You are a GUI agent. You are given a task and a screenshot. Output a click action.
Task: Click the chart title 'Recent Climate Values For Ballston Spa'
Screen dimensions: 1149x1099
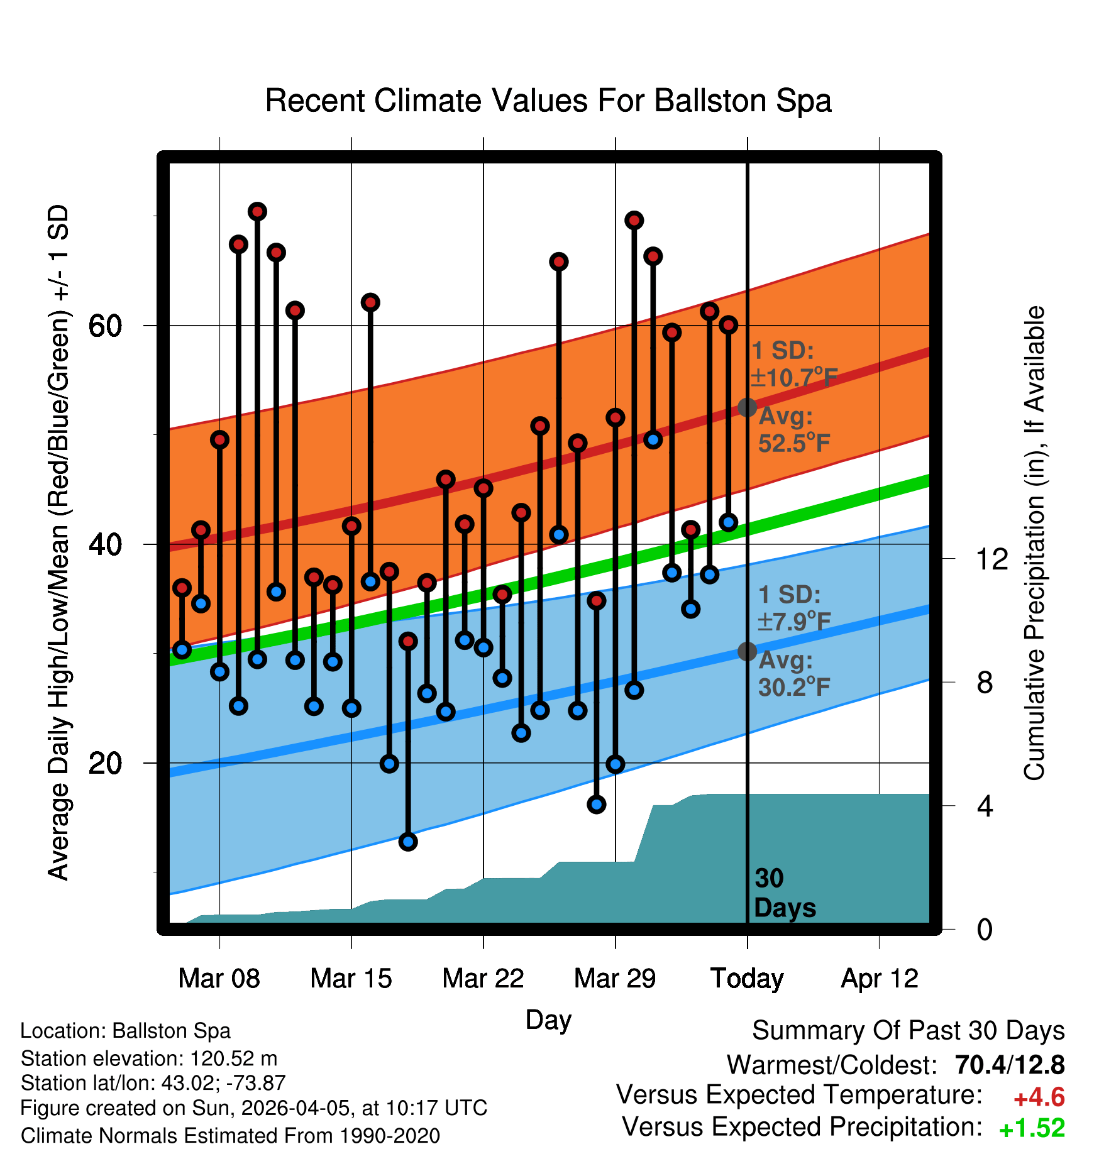click(x=548, y=101)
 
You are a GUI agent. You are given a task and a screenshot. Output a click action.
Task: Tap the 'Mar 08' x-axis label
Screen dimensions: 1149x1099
click(x=219, y=979)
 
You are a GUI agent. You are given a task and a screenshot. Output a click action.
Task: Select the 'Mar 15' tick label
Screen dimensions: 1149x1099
click(x=351, y=979)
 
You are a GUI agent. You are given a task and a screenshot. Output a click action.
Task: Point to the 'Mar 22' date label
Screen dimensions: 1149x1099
click(x=483, y=979)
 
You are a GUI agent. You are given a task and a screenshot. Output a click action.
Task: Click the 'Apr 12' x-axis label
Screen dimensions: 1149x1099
click(x=879, y=979)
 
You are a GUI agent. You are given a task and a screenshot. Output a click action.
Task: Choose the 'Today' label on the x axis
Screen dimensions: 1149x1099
click(x=747, y=979)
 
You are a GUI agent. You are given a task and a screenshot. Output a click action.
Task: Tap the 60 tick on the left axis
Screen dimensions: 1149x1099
click(x=105, y=326)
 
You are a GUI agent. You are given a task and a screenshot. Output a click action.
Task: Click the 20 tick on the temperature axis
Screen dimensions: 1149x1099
click(x=105, y=763)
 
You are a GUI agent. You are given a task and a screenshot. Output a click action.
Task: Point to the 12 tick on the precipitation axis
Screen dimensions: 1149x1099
click(x=992, y=559)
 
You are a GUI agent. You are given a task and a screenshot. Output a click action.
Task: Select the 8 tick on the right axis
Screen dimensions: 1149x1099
click(x=985, y=682)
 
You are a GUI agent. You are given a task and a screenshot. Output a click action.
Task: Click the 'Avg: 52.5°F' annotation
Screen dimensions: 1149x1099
click(x=793, y=430)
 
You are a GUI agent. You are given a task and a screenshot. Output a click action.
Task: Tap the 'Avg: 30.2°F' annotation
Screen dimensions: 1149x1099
click(x=793, y=674)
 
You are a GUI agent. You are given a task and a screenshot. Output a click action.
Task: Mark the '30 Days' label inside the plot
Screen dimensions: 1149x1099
click(x=784, y=893)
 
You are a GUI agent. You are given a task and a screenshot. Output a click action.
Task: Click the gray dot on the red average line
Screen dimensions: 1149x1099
click(x=747, y=407)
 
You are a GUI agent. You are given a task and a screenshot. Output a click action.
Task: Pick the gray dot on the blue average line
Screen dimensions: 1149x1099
click(x=747, y=651)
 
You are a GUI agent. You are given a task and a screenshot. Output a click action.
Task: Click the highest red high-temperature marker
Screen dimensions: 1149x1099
click(x=257, y=211)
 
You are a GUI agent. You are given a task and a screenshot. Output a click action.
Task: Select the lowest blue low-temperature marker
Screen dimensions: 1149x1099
click(x=408, y=842)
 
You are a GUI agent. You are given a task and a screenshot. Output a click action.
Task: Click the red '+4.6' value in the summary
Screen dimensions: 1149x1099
click(x=1039, y=1097)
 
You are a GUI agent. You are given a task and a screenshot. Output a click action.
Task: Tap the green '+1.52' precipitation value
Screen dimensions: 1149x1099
click(x=1032, y=1128)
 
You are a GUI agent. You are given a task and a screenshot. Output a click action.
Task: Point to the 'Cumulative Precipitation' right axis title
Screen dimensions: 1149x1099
click(x=1034, y=544)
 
